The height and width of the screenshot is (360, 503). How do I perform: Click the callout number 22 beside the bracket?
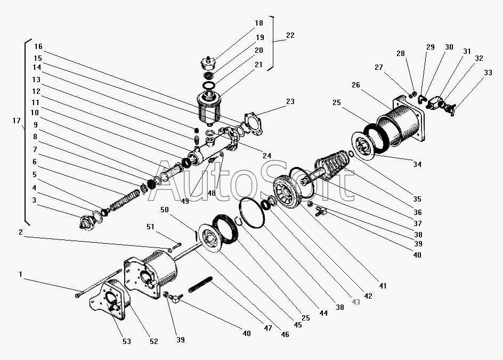click(x=290, y=35)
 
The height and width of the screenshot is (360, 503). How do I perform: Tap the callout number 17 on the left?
click(x=17, y=121)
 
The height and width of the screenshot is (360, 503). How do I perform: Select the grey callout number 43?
click(x=356, y=302)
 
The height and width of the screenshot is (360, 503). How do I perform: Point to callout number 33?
click(x=488, y=73)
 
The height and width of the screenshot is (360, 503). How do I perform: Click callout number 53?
click(x=127, y=341)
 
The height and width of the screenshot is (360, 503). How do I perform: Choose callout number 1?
click(x=21, y=274)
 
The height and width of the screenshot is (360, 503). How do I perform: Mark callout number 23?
click(x=290, y=101)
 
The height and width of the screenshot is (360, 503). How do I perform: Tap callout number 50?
click(x=164, y=210)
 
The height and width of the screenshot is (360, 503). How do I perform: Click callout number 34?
click(x=417, y=164)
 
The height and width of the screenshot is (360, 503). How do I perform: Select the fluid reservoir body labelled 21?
click(x=209, y=108)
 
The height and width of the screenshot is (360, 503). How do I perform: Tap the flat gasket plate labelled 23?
click(x=254, y=124)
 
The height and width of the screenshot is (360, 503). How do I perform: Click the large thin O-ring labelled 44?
click(x=252, y=212)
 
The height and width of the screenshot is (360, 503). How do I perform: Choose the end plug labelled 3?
click(x=86, y=223)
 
